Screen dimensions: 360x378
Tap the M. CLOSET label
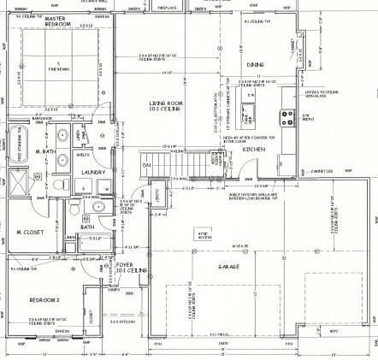30,232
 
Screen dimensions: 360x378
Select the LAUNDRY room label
93,172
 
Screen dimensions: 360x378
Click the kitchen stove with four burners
287,121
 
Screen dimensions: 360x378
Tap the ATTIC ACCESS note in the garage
204,233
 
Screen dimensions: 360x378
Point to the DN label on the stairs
146,164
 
